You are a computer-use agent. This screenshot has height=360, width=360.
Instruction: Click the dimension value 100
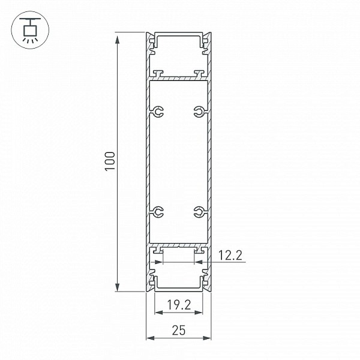pyautogui.click(x=110, y=161)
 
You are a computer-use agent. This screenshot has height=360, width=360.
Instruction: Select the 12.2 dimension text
pyautogui.click(x=230, y=256)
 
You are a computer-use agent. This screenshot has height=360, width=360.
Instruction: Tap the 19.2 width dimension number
pyautogui.click(x=179, y=305)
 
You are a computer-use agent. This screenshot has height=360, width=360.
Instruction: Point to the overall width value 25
pyautogui.click(x=179, y=330)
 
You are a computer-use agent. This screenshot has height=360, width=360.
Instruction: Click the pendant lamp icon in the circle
pyautogui.click(x=30, y=30)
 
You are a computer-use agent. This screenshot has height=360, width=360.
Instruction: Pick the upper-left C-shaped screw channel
pyautogui.click(x=158, y=112)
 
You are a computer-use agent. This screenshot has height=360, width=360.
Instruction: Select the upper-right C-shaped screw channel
pyautogui.click(x=199, y=112)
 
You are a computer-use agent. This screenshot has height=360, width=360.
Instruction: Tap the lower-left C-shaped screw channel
pyautogui.click(x=158, y=212)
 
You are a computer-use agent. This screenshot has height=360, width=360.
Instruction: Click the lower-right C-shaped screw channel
pyautogui.click(x=199, y=212)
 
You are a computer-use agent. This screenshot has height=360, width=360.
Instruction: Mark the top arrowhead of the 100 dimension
pyautogui.click(x=118, y=40)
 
